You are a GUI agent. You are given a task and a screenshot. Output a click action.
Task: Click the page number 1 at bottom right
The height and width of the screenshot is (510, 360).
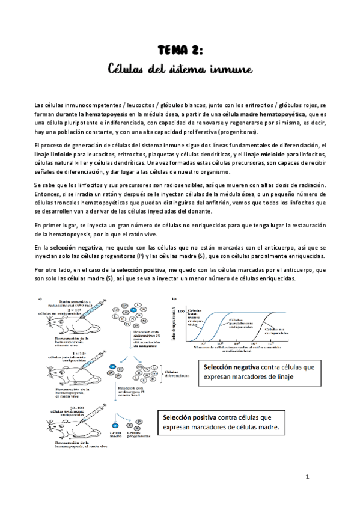(x=307, y=477)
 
